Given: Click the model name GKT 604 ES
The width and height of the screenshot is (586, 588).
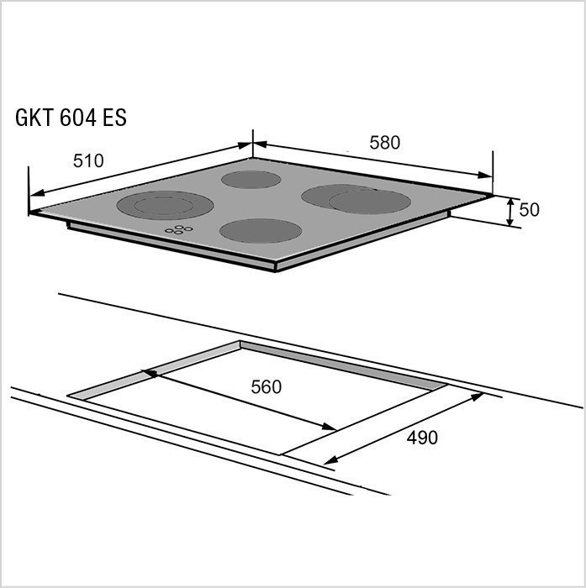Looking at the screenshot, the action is click(x=71, y=118).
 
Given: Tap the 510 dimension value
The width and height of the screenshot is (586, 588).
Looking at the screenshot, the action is click(x=88, y=161).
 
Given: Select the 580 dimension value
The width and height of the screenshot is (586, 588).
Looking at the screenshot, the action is click(x=385, y=143).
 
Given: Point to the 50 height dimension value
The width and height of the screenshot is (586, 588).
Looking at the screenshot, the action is click(x=530, y=210).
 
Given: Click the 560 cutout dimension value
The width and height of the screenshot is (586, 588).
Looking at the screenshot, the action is click(x=267, y=387).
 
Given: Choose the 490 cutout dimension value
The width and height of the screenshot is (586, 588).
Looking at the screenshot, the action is click(x=422, y=438).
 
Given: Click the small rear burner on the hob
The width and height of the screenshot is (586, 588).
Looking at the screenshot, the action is click(x=251, y=179).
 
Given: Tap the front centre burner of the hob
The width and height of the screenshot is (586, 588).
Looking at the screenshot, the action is click(x=261, y=231).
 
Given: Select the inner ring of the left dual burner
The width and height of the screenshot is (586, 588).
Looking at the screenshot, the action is click(x=164, y=206).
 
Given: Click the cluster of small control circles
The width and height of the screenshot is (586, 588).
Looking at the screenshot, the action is click(x=179, y=229).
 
